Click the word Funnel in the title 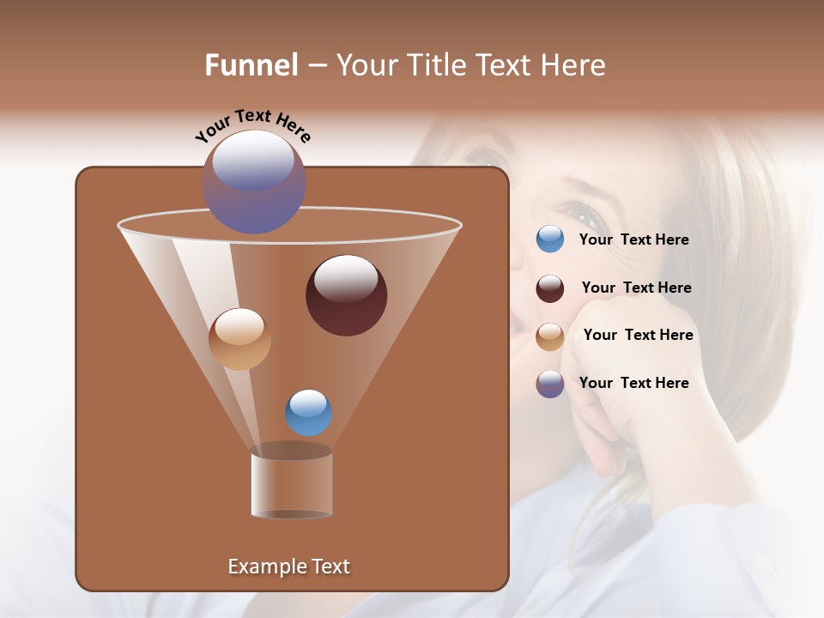click(x=251, y=65)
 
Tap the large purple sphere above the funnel click(x=254, y=182)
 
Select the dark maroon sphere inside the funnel click(x=346, y=295)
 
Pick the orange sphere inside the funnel click(x=239, y=339)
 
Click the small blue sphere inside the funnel click(x=308, y=413)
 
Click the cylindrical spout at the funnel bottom click(x=291, y=485)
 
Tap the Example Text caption click(x=288, y=566)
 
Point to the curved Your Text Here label click(x=252, y=125)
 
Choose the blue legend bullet click(x=550, y=239)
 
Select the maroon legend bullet click(x=550, y=288)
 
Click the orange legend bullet click(x=550, y=336)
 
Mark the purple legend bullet click(x=550, y=384)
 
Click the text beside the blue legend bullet click(x=633, y=240)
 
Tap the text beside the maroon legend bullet click(x=636, y=288)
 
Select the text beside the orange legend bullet click(x=638, y=336)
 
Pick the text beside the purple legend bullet click(x=633, y=384)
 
